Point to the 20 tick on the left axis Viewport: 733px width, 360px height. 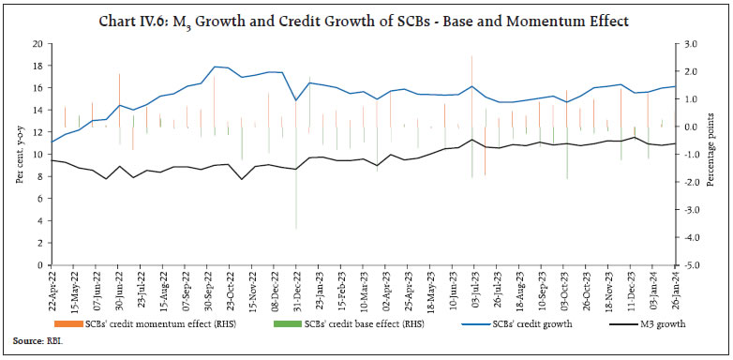(x=37, y=43)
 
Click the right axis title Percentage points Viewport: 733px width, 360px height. (x=717, y=155)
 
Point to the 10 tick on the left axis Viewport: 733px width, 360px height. (x=37, y=155)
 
